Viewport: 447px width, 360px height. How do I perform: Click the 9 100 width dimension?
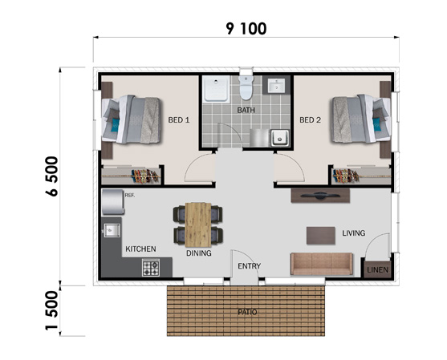(246, 29)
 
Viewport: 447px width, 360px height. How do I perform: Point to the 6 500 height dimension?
(51, 176)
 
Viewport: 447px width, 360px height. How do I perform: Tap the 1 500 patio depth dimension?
(51, 311)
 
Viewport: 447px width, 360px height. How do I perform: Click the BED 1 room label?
(179, 120)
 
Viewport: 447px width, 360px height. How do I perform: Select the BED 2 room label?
(310, 120)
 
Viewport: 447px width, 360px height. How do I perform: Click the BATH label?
(246, 110)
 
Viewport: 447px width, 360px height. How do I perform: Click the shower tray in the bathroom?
(216, 88)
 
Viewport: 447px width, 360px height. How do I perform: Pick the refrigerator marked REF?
(113, 202)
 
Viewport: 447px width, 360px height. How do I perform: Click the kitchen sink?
(112, 230)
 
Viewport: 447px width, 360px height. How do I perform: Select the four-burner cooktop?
(151, 268)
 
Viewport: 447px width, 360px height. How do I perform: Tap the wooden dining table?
(198, 224)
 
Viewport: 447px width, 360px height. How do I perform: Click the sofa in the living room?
(322, 264)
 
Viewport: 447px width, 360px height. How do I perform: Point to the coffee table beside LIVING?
(321, 236)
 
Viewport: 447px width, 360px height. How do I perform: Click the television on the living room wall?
(320, 196)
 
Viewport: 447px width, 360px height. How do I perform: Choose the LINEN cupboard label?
(377, 269)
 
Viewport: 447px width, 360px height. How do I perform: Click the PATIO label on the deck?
(247, 312)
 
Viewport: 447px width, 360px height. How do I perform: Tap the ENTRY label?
(249, 266)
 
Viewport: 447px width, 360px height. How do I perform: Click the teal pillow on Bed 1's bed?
(116, 125)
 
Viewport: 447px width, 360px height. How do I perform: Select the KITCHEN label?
(140, 249)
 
